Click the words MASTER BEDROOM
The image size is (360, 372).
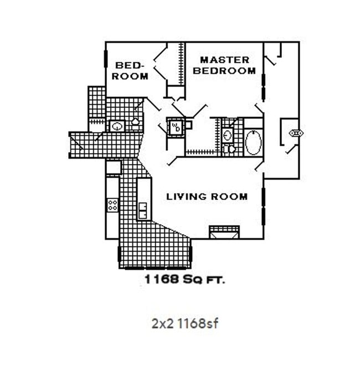228,65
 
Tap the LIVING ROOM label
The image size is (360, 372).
207,197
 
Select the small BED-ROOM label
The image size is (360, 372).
130,71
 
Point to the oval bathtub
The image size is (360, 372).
253,142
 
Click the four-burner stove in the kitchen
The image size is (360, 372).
112,205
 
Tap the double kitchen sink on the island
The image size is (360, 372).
143,211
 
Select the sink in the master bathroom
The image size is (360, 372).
228,134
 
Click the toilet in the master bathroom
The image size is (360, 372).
228,149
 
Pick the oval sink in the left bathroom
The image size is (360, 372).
117,126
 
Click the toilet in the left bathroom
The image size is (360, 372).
135,121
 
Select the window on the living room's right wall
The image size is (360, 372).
264,203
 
